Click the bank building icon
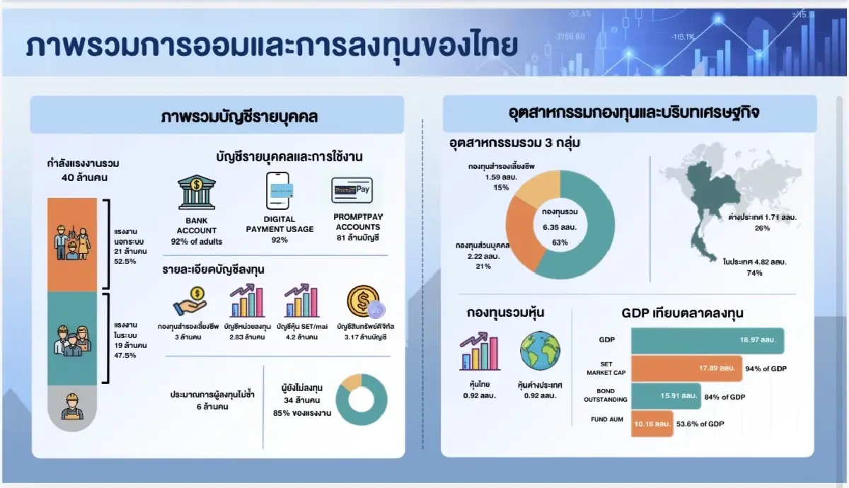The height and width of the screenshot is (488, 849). (197, 192)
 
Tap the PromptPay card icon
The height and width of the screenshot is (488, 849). (352, 191)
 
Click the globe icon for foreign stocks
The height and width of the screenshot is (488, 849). (540, 352)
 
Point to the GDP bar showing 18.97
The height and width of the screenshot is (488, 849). (707, 341)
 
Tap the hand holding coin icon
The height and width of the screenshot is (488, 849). (189, 301)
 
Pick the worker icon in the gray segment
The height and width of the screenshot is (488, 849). (71, 407)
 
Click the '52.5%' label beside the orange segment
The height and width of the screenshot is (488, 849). (125, 261)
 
